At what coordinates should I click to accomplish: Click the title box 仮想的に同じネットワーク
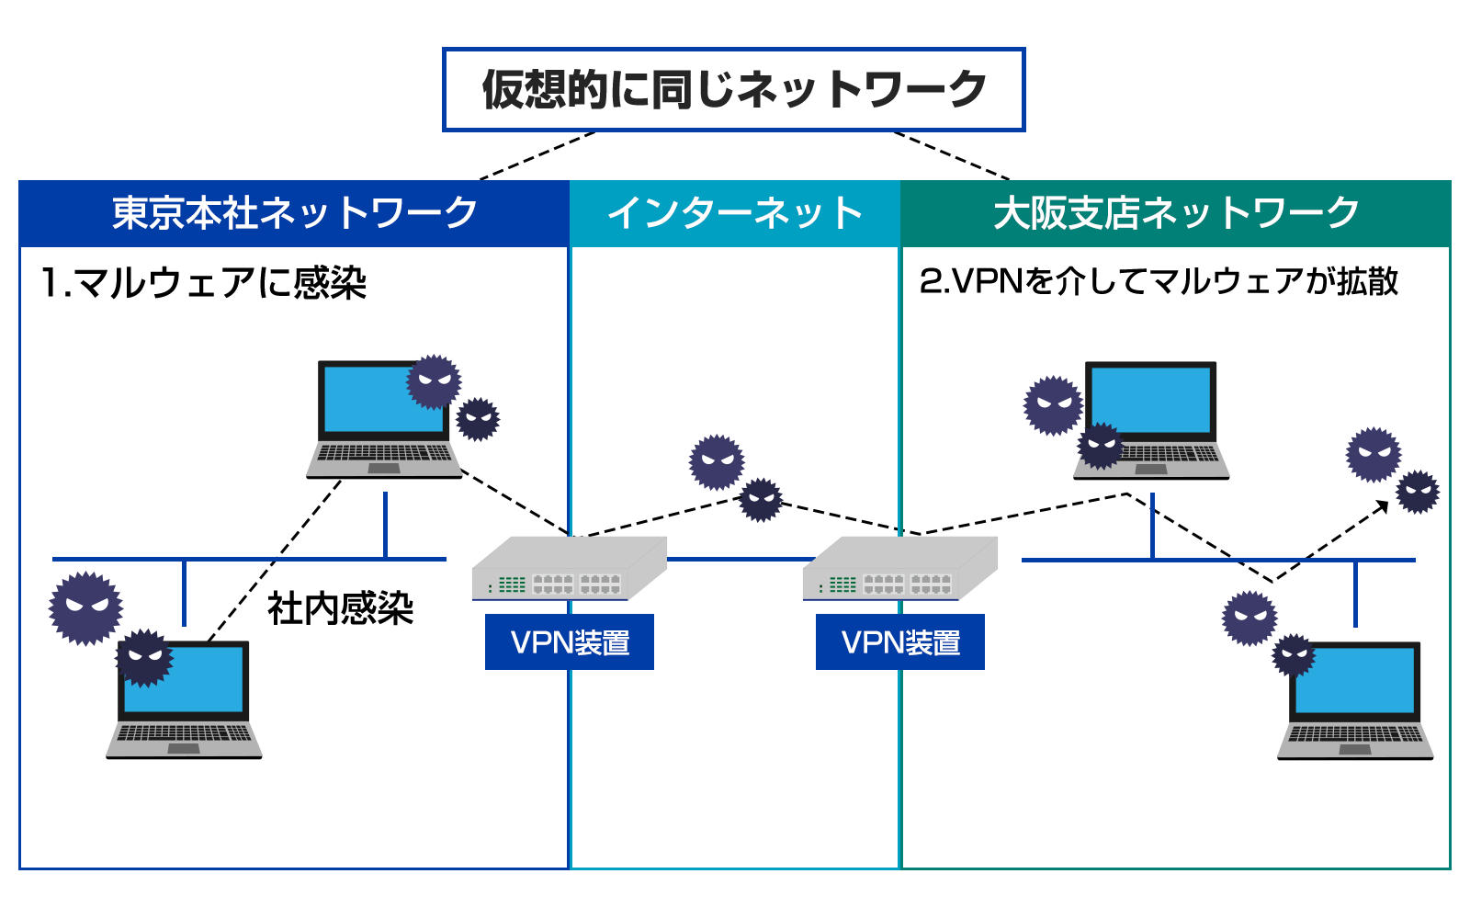pos(733,89)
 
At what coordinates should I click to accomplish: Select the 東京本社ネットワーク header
pos(294,213)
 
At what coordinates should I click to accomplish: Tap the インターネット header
pos(735,213)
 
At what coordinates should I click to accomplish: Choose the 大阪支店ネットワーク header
pos(1176,213)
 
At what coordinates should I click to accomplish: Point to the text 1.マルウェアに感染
pos(203,282)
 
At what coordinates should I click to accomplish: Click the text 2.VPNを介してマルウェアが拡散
pos(1159,281)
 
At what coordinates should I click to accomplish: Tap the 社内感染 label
pos(340,608)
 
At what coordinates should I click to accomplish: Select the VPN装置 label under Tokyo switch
pos(570,642)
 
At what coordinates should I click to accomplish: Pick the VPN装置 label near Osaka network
pos(900,642)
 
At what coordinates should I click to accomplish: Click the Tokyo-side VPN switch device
pos(569,570)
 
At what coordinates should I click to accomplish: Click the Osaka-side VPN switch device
pos(899,570)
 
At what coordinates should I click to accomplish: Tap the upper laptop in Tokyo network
pos(383,418)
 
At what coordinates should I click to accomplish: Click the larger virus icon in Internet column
pos(717,462)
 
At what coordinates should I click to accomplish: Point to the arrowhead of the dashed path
pos(1383,505)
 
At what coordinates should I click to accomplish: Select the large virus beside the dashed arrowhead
pos(1374,454)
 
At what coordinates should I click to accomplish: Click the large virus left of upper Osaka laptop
pos(1053,405)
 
